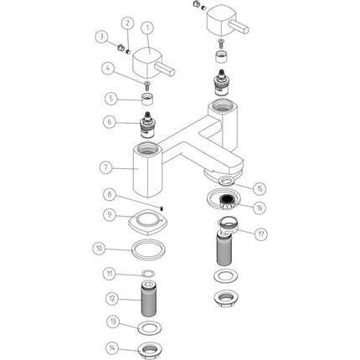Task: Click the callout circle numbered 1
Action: (148, 28)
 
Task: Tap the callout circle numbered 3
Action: (101, 36)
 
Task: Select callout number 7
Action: (106, 167)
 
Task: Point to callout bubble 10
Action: (100, 249)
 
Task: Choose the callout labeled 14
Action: (112, 348)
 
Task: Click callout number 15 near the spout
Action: (260, 188)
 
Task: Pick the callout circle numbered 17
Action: (260, 234)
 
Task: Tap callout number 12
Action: (112, 299)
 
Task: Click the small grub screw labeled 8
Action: (162, 208)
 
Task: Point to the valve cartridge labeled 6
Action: (147, 126)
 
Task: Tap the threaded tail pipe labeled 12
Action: (149, 300)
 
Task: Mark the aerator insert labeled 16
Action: (229, 203)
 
